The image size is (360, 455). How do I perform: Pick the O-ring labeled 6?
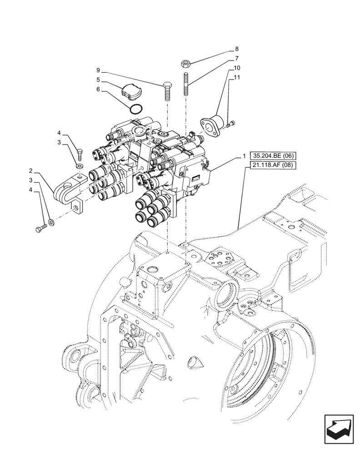point(136,109)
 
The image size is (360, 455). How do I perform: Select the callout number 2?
point(30,171)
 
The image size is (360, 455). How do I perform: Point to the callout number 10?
point(237,68)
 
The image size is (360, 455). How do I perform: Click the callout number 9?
point(98,70)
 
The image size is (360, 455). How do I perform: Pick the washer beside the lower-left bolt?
point(50,222)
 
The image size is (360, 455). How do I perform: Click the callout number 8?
point(237,49)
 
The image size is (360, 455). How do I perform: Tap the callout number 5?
point(98,80)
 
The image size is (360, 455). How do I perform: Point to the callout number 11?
point(237,78)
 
